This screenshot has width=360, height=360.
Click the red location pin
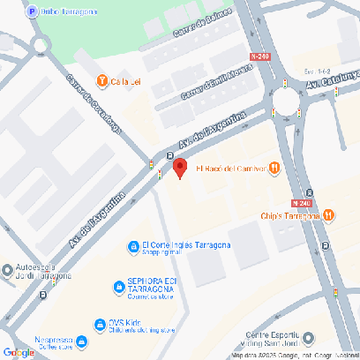179,167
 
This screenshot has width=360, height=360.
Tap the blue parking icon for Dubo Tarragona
33,11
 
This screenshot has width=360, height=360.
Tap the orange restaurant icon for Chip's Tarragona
329,214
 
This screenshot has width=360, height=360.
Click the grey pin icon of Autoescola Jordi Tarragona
9,268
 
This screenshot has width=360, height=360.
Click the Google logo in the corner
18,352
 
